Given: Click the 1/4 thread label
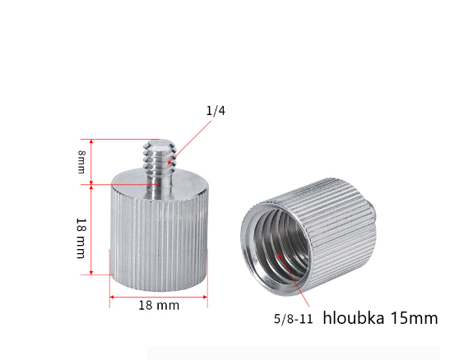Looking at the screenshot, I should tap(215, 111).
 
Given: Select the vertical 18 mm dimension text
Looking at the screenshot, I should tap(81, 238).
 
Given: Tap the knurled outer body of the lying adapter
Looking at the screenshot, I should tap(337, 230).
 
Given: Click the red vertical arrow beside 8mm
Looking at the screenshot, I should tap(92, 162).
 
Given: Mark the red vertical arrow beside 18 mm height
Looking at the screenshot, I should tap(92, 230).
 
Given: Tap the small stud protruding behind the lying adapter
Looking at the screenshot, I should tap(373, 220).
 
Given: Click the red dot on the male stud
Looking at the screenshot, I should tap(169, 163).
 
